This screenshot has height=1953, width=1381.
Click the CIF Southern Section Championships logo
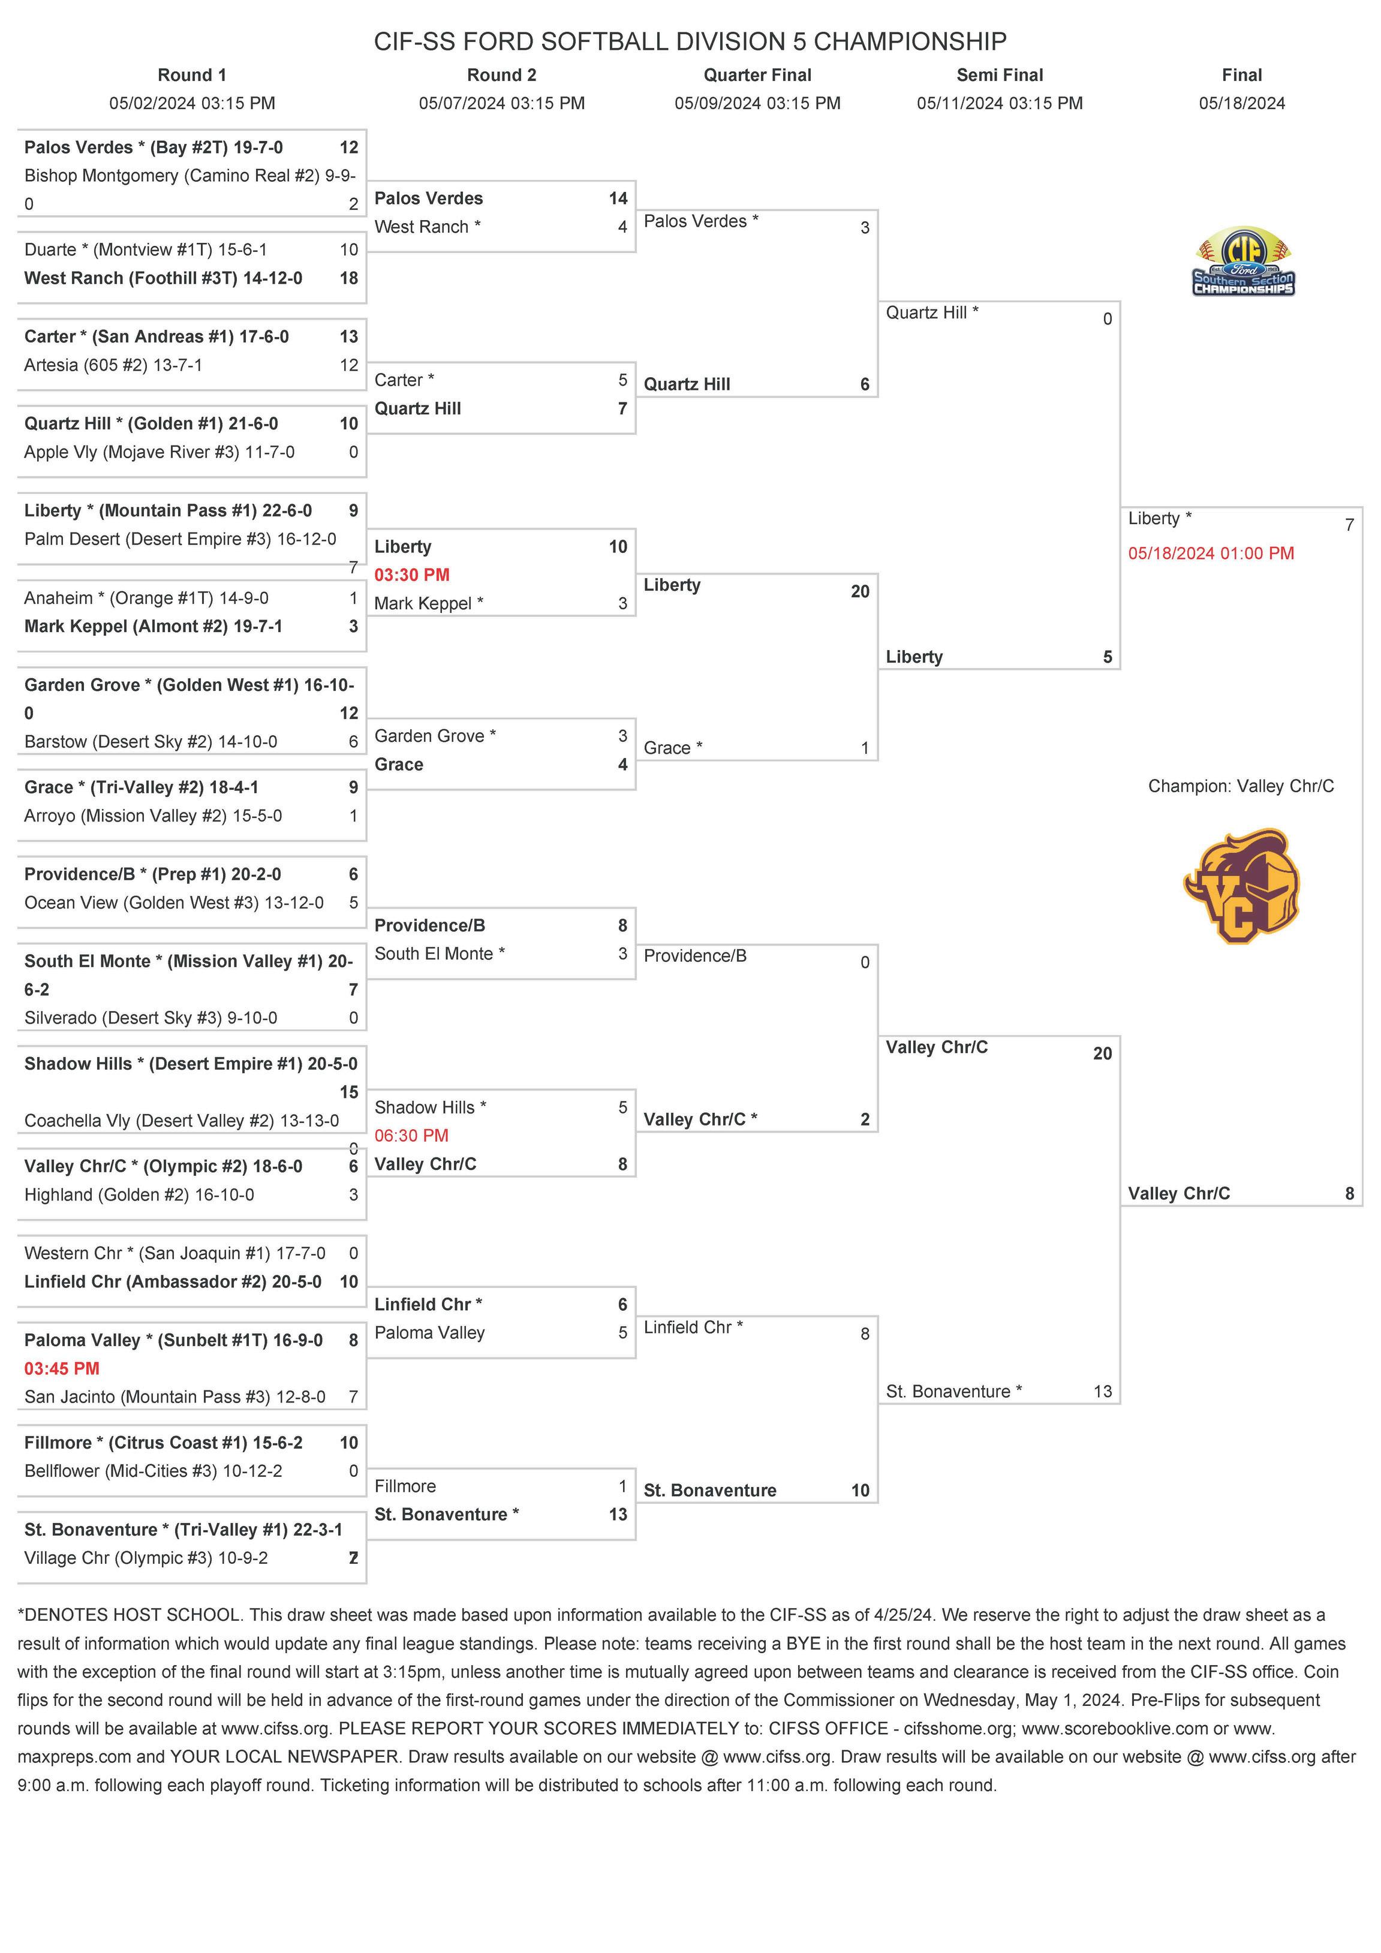pyautogui.click(x=1242, y=261)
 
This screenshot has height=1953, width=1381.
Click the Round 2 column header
pyautogui.click(x=501, y=75)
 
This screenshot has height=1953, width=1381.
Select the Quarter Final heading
pyautogui.click(x=757, y=75)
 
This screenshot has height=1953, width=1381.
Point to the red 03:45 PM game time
pyautogui.click(x=62, y=1368)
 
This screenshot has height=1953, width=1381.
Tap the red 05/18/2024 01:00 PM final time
pyautogui.click(x=1211, y=553)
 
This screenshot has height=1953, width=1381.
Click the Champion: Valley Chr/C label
pyautogui.click(x=1241, y=786)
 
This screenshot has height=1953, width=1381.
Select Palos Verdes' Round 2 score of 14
pyautogui.click(x=618, y=198)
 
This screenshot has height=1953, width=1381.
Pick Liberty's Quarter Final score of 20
pyautogui.click(x=859, y=591)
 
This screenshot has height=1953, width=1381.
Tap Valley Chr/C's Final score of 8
pyautogui.click(x=1349, y=1193)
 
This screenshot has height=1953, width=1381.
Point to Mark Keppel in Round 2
pyautogui.click(x=429, y=603)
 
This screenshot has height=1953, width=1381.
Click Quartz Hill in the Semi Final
pyautogui.click(x=932, y=312)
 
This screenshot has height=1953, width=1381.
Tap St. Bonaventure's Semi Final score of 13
pyautogui.click(x=1102, y=1392)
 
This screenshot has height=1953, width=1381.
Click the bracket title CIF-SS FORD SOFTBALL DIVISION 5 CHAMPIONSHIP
pyautogui.click(x=690, y=41)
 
